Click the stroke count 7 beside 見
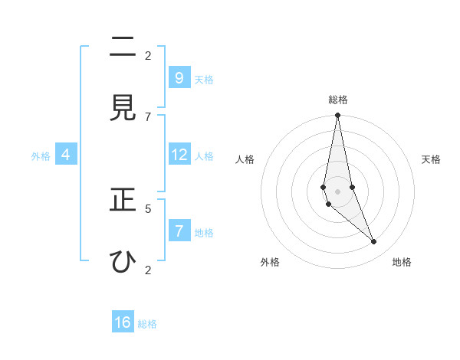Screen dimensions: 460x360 click(148, 116)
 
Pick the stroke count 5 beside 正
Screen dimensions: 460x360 click(148, 208)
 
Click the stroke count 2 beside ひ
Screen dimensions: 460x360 click(148, 270)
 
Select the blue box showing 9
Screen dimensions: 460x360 click(179, 77)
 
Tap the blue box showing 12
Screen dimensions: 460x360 click(179, 155)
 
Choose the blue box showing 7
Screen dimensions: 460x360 click(179, 231)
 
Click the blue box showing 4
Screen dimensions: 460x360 click(65, 155)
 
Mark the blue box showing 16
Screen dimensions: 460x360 click(123, 322)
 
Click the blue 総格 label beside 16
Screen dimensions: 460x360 click(147, 324)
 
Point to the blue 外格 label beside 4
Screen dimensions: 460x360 click(41, 156)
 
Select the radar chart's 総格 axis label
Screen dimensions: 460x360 click(337, 100)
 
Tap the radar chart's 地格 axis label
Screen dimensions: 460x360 click(402, 262)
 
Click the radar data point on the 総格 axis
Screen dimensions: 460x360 click(337, 116)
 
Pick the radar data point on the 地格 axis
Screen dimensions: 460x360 click(374, 242)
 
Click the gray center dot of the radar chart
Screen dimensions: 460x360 click(337, 191)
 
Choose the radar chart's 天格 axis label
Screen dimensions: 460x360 click(431, 159)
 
